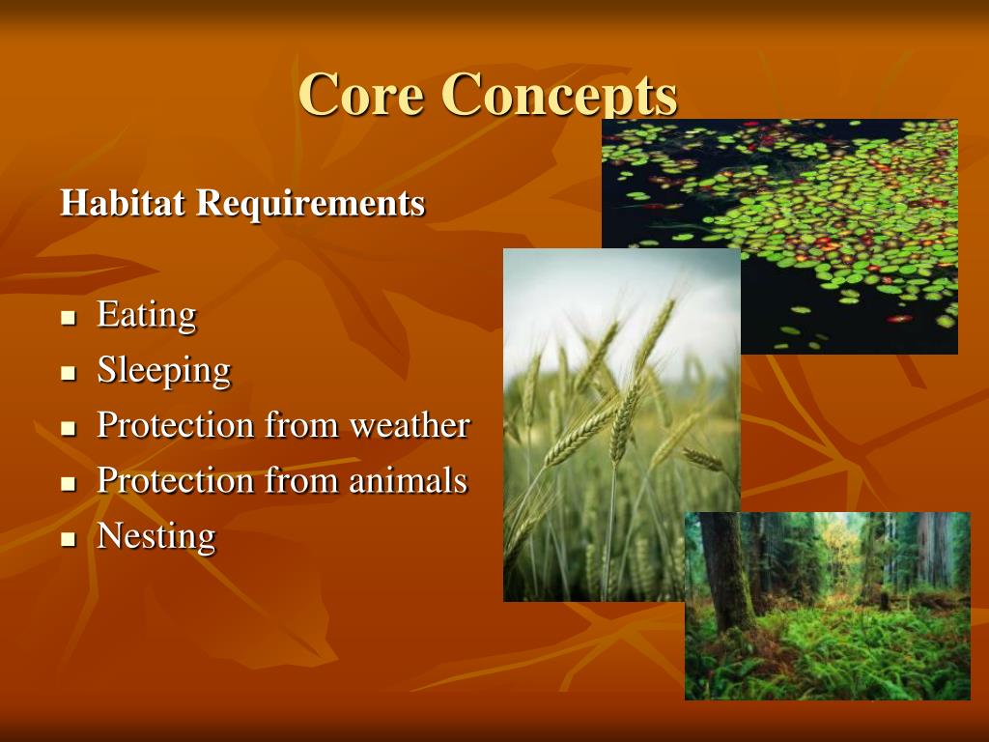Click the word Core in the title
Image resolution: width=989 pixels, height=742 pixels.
pyautogui.click(x=362, y=95)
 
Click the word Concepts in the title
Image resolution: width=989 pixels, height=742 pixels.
pyautogui.click(x=559, y=95)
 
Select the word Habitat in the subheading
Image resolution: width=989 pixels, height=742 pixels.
pyautogui.click(x=124, y=203)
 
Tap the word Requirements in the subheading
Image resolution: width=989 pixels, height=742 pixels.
pyautogui.click(x=311, y=203)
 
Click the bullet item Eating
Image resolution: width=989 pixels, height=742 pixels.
pyautogui.click(x=146, y=314)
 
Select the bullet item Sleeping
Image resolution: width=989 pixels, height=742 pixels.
pyautogui.click(x=163, y=370)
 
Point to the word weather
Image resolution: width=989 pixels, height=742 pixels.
pyautogui.click(x=410, y=425)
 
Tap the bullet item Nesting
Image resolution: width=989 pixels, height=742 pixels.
pyautogui.click(x=155, y=535)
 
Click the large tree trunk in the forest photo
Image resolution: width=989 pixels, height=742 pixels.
pyautogui.click(x=726, y=570)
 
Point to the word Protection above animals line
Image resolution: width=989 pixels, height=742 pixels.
pyautogui.click(x=175, y=425)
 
